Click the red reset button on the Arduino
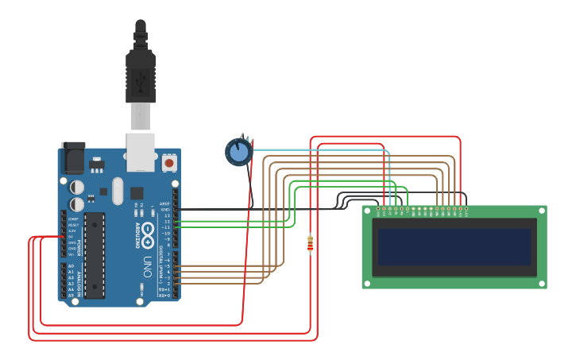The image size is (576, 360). pyautogui.click(x=168, y=163)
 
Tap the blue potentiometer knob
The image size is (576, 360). pyautogui.click(x=238, y=152)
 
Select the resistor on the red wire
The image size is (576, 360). pyautogui.click(x=310, y=244)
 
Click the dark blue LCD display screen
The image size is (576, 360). pyautogui.click(x=454, y=247)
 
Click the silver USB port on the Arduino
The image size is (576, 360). pyautogui.click(x=141, y=151)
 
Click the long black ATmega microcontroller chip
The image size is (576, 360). pyautogui.click(x=95, y=255)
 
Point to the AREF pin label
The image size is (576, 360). pyautogui.click(x=165, y=203)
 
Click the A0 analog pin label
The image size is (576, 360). pyautogui.click(x=71, y=266)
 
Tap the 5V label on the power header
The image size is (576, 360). pyautogui.click(x=72, y=237)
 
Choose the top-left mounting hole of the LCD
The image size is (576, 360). pyautogui.click(x=367, y=211)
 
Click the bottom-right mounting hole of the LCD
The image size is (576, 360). pyautogui.click(x=542, y=283)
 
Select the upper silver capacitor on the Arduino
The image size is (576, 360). pyautogui.click(x=77, y=187)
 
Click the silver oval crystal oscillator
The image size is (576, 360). pyautogui.click(x=118, y=191)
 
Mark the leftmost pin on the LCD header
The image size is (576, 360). pyautogui.click(x=378, y=209)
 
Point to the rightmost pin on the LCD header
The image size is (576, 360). pyautogui.click(x=466, y=209)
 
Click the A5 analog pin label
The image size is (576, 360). pyautogui.click(x=71, y=295)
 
